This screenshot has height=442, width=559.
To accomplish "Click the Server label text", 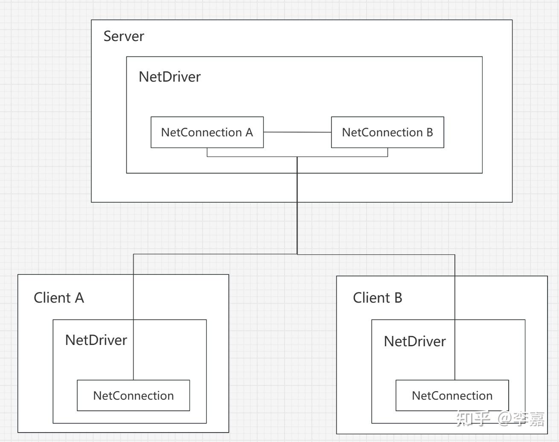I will [x=124, y=36].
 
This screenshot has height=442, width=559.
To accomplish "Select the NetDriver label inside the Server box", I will [x=169, y=77].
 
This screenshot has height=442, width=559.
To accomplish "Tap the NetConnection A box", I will [x=207, y=133].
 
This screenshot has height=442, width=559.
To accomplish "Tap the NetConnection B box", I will [x=387, y=133].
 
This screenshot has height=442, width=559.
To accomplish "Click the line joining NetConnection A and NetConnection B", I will [x=297, y=133].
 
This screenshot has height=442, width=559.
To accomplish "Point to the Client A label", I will [x=59, y=298].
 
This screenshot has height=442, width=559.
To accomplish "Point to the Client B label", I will [x=378, y=298].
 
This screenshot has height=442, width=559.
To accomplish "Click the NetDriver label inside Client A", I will [x=96, y=340].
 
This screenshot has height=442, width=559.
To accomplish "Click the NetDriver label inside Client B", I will [x=415, y=342].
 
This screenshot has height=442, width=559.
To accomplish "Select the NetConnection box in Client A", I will [x=133, y=396].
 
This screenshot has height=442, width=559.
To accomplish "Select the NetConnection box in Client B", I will [x=452, y=396].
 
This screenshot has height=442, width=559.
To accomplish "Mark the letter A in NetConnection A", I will [x=249, y=133].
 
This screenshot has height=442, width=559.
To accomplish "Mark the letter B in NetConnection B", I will [x=429, y=133].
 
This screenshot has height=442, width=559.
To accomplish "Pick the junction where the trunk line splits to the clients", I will [x=297, y=254].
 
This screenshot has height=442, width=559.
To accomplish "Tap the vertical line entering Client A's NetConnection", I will [x=134, y=351].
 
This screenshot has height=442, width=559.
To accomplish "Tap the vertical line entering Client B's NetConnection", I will [x=455, y=351].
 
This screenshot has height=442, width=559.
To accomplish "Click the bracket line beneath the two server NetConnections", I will [x=256, y=156].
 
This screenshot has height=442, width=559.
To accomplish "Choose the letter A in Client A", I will [x=79, y=298].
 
